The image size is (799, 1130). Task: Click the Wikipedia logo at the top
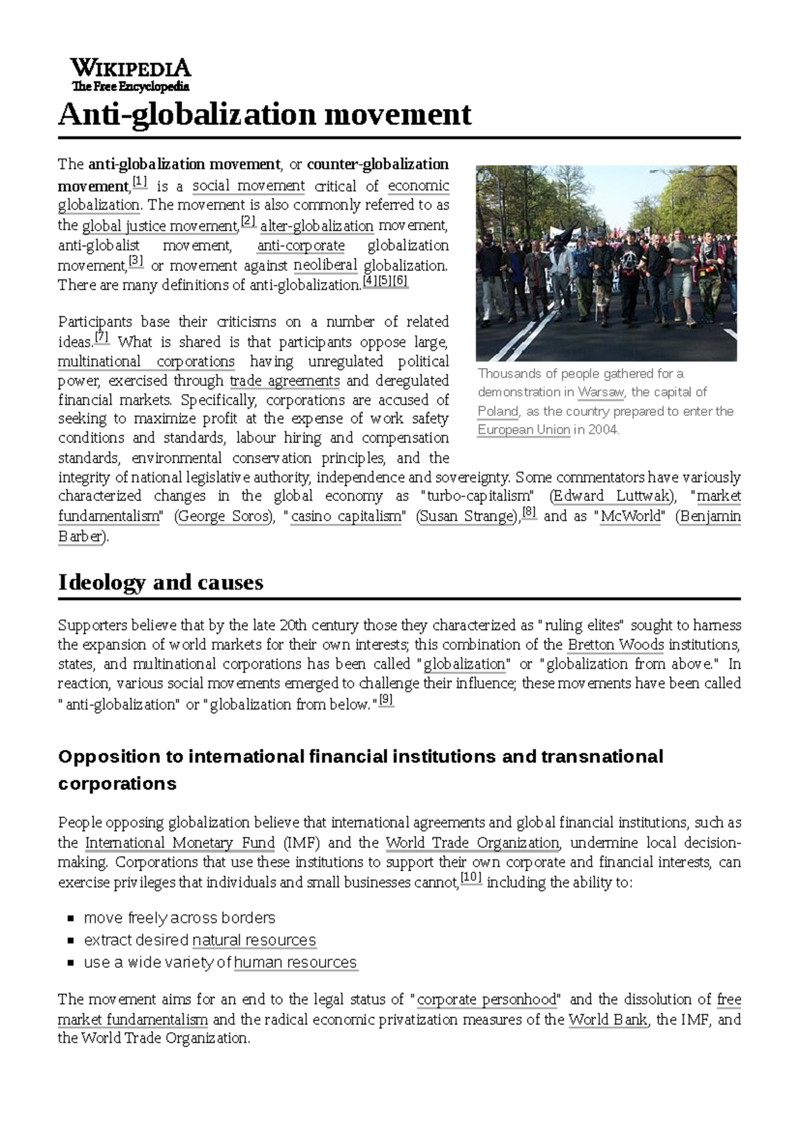[131, 75]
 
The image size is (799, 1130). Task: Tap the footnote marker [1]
[140, 182]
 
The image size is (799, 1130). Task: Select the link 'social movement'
[248, 186]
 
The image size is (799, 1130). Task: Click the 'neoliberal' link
[326, 266]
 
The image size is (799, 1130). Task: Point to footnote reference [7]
[102, 337]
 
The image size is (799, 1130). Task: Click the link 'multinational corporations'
[146, 362]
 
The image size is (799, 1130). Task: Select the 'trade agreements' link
[284, 381]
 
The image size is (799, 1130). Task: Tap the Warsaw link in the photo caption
[601, 392]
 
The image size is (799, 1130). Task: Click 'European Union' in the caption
[523, 430]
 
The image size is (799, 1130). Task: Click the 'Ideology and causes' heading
[160, 582]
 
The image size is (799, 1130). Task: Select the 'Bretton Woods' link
[615, 645]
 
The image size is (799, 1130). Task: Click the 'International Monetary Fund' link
[180, 843]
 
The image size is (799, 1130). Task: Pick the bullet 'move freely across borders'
[179, 918]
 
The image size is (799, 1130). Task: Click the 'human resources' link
[296, 963]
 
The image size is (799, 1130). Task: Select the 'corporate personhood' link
[486, 1000]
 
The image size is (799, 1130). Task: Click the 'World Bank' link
[607, 1020]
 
